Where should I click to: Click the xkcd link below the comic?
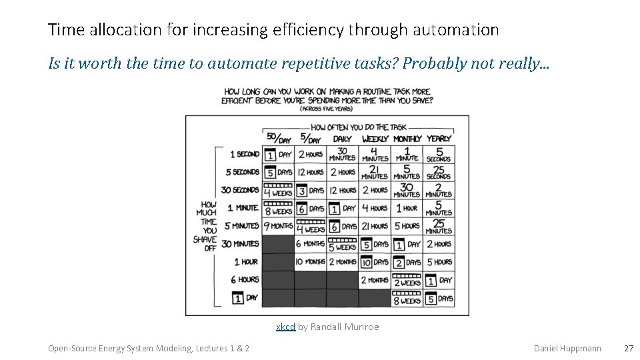click(285, 327)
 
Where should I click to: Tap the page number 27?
click(628, 348)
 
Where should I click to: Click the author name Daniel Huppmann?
click(567, 348)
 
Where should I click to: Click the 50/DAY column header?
click(279, 139)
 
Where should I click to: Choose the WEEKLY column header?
click(375, 139)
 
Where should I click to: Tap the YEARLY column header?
click(439, 139)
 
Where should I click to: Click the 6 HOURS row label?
click(244, 279)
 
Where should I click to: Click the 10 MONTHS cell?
click(310, 262)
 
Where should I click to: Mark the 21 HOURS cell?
click(375, 226)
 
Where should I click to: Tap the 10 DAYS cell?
click(375, 262)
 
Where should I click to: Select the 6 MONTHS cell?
click(310, 244)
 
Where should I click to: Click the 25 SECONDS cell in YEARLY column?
click(439, 172)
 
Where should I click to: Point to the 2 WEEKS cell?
click(407, 280)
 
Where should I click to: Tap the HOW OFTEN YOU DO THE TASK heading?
click(359, 127)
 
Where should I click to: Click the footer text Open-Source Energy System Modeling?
click(120, 348)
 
